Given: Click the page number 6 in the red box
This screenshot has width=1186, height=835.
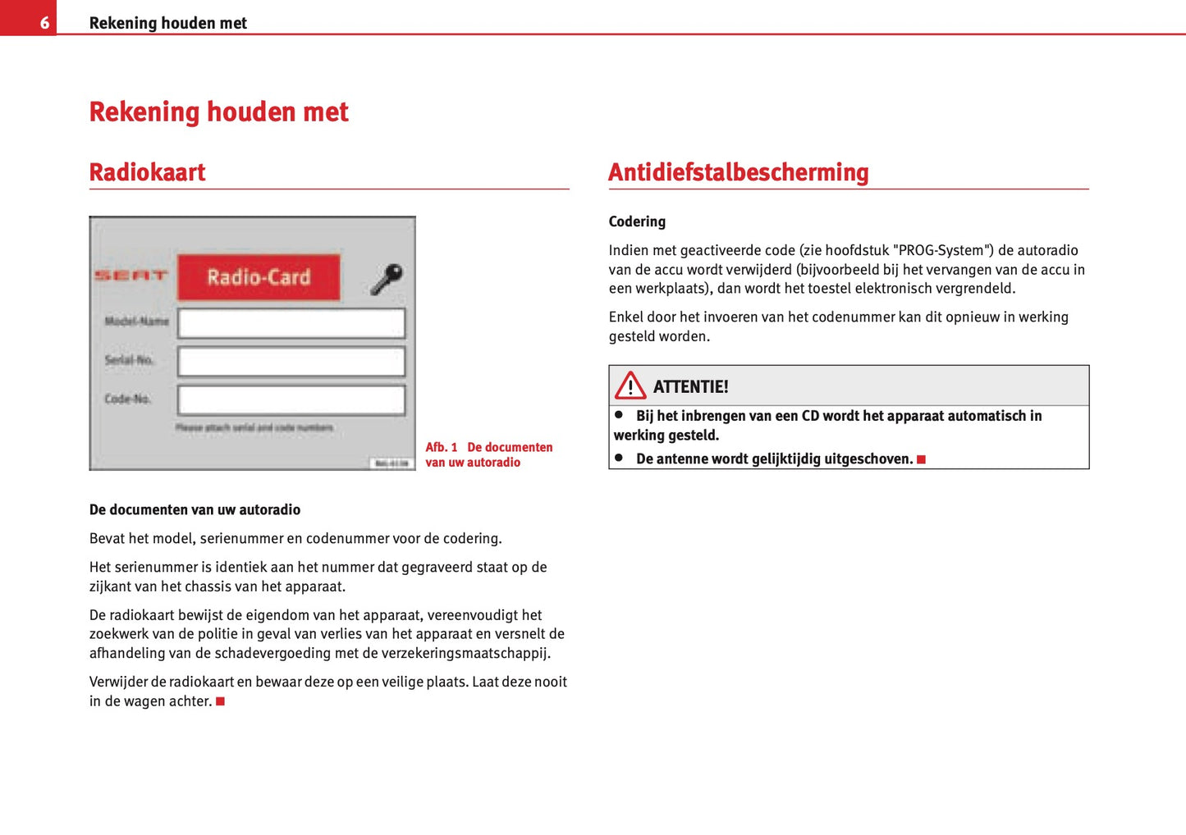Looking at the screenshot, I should pos(44,23).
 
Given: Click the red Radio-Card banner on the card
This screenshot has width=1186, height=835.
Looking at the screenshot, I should pos(259,277).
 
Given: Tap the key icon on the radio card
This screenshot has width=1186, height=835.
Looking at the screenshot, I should pos(386,278).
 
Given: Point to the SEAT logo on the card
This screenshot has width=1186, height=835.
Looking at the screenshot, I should pos(131,276).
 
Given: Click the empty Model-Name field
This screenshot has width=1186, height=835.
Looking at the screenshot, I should pos(291,323).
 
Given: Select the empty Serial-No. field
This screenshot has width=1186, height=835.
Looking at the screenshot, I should pos(291,362).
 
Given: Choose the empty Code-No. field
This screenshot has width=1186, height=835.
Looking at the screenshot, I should pos(291,400).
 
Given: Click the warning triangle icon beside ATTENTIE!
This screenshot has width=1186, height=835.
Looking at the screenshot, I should pos(630,386).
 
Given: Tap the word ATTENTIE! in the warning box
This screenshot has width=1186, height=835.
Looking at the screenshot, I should pos(690,387).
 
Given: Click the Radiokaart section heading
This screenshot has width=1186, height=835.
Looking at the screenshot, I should pos(147,172).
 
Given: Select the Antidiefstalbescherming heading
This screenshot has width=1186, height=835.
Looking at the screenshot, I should pos(738,172).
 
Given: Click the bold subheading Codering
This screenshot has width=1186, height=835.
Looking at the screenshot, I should pos(637,221).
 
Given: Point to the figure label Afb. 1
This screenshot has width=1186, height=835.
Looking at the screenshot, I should pos(442,447).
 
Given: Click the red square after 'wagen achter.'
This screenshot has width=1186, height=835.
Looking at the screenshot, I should pos(220,701).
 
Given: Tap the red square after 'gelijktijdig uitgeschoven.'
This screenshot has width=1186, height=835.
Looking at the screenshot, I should pos(921,459).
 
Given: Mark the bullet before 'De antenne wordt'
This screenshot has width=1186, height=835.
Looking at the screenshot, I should pos(619,458).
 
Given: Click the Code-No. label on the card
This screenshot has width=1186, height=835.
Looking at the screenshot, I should pos(127,399).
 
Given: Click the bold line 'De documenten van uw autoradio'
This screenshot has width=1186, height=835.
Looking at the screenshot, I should pos(195,509).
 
